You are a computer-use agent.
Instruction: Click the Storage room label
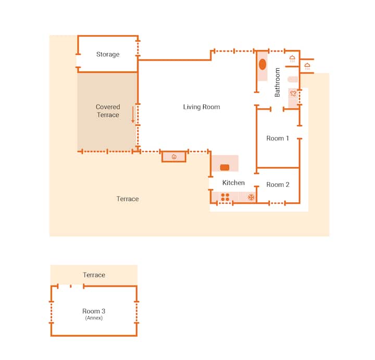click(x=108, y=55)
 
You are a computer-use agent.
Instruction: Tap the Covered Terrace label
click(x=108, y=111)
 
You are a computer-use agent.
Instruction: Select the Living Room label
click(x=202, y=107)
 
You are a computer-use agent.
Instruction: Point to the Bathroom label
click(x=277, y=82)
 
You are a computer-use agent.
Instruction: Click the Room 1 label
click(x=278, y=138)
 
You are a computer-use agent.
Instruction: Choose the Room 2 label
click(x=278, y=184)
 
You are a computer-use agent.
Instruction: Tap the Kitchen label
click(x=233, y=183)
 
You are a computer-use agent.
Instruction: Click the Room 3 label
click(x=94, y=311)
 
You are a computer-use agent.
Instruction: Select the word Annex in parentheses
click(x=94, y=318)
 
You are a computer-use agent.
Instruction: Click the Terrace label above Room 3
click(x=94, y=275)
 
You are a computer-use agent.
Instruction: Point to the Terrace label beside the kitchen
click(x=128, y=199)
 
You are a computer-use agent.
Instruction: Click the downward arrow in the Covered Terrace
click(x=133, y=115)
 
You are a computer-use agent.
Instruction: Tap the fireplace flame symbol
click(x=174, y=157)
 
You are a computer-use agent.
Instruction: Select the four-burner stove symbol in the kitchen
click(x=225, y=197)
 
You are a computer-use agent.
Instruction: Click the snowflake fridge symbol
click(x=251, y=197)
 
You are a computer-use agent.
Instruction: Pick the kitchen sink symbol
click(x=224, y=167)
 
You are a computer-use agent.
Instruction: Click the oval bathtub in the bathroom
click(x=262, y=65)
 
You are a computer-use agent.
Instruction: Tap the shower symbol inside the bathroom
click(x=292, y=58)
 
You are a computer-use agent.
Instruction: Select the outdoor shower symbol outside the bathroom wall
click(x=307, y=66)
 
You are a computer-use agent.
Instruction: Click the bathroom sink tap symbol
click(x=293, y=93)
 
